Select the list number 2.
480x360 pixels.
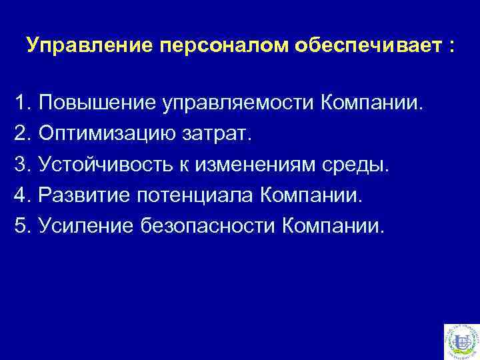pyautogui.click(x=21, y=135)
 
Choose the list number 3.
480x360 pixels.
pyautogui.click(x=21, y=165)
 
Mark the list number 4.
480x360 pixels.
pyautogui.click(x=21, y=196)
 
